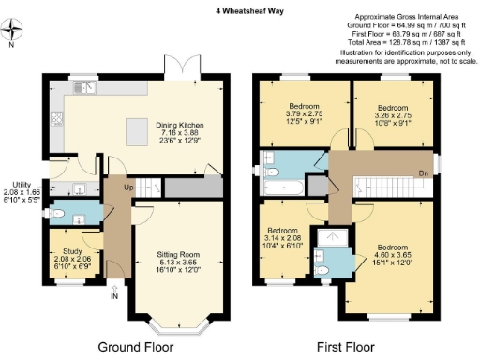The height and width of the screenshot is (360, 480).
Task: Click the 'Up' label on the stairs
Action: [x=127, y=188]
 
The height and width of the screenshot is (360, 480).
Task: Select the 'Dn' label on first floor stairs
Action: [x=423, y=172]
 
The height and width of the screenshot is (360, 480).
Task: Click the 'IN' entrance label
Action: [x=114, y=298]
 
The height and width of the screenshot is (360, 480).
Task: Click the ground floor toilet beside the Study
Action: [x=59, y=215]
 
